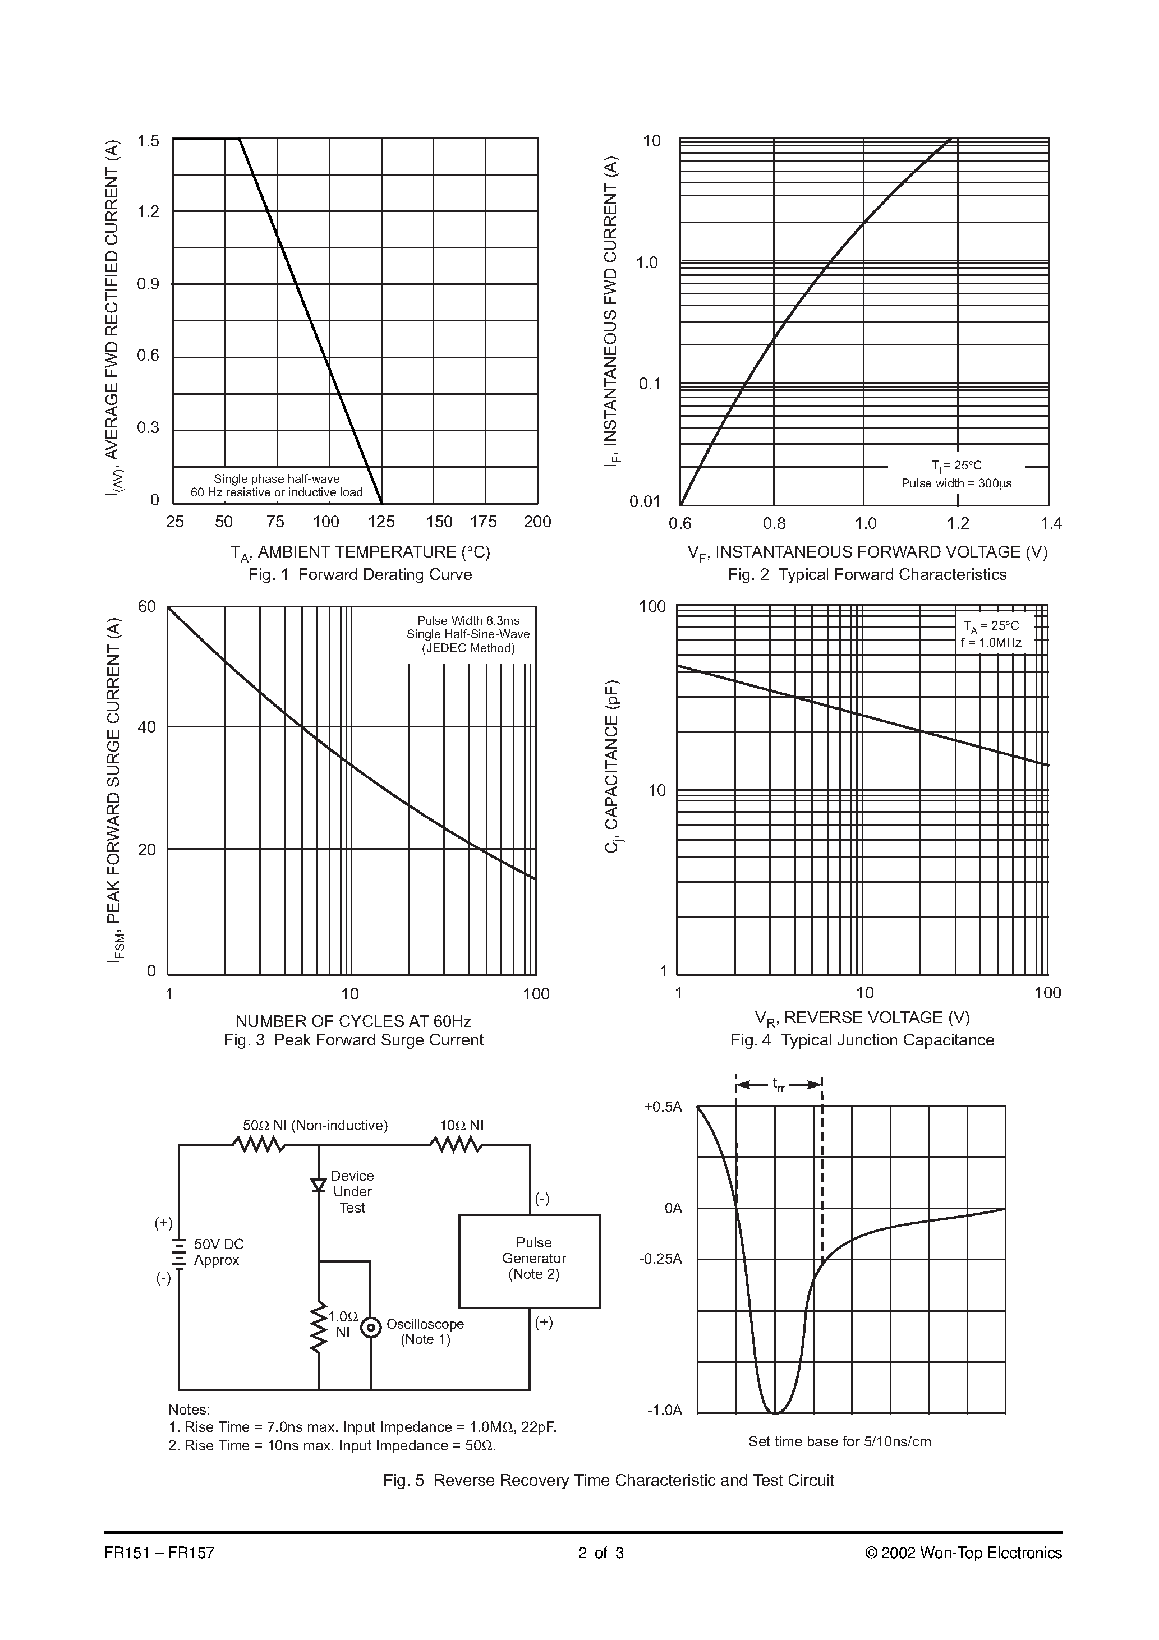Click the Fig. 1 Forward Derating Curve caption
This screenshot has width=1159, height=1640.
[x=360, y=574]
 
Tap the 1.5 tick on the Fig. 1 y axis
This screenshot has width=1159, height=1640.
[x=148, y=141]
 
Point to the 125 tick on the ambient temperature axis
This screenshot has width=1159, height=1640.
[x=381, y=522]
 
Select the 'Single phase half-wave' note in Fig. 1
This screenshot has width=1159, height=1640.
[x=277, y=478]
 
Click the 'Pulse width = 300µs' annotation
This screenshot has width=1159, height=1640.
[x=956, y=483]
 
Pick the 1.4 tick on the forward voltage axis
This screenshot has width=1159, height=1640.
[x=1050, y=523]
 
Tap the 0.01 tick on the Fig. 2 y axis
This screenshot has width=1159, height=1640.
[x=645, y=501]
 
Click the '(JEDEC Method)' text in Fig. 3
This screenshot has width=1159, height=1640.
[x=468, y=648]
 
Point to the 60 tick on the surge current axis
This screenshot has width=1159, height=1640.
[x=146, y=606]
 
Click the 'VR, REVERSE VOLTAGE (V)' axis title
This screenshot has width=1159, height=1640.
[x=862, y=1017]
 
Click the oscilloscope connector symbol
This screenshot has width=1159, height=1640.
[x=370, y=1327]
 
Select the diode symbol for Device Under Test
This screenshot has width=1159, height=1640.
[x=319, y=1185]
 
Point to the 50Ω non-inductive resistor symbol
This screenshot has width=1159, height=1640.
[x=259, y=1145]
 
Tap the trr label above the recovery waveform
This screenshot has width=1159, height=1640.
[x=779, y=1085]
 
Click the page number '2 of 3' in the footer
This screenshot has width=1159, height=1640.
[x=601, y=1552]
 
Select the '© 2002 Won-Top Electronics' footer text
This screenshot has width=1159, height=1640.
[x=963, y=1552]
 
